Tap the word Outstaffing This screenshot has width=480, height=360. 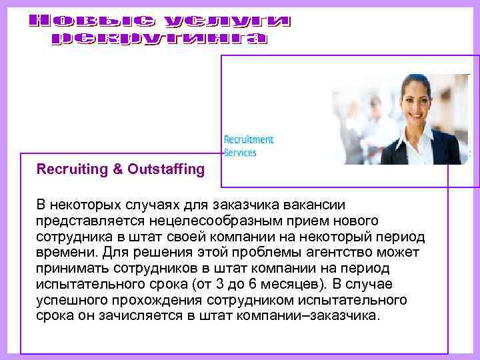[x=167, y=169]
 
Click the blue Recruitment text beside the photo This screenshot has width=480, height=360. [x=249, y=140]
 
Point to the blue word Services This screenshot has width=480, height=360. [x=240, y=152]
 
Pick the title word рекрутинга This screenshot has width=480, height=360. [x=159, y=39]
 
